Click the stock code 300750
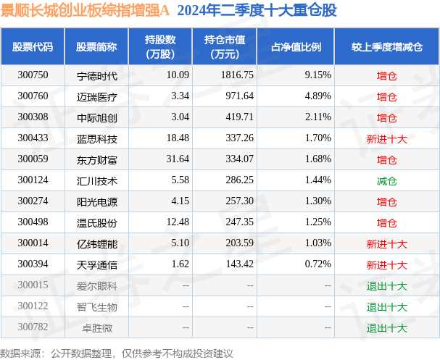pyautogui.click(x=33, y=75)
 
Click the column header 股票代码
pyautogui.click(x=33, y=47)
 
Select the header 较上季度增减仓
pyautogui.click(x=386, y=47)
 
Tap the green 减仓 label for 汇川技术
pyautogui.click(x=386, y=180)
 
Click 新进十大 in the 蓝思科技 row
pyautogui.click(x=386, y=138)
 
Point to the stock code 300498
pyautogui.click(x=33, y=222)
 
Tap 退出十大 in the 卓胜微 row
pyautogui.click(x=386, y=327)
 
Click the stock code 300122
pyautogui.click(x=33, y=306)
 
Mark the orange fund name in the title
pyautogui.click(x=86, y=10)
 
